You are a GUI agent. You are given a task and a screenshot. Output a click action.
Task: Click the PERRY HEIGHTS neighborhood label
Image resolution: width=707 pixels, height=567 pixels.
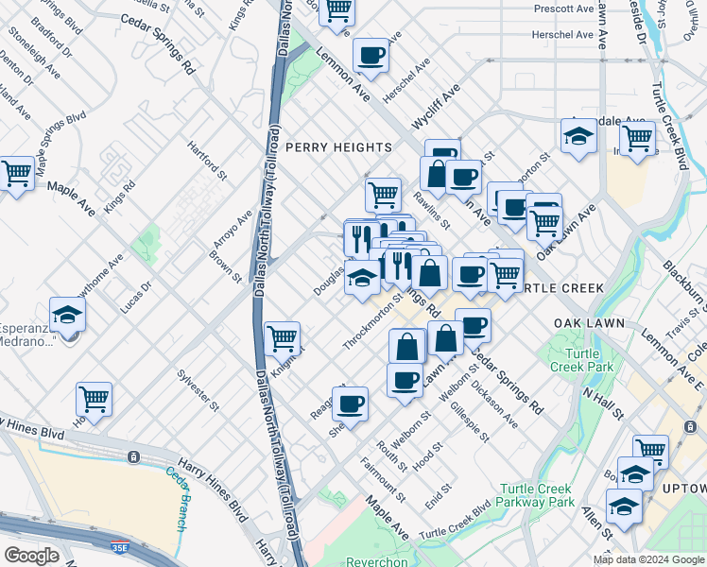click(338, 147)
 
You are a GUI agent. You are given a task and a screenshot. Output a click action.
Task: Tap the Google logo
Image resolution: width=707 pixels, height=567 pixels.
click(32, 556)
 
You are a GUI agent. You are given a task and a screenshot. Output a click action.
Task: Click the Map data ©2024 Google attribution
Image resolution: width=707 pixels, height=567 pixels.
click(648, 559)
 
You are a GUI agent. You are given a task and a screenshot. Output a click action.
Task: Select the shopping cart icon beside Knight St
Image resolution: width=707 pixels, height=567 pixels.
click(283, 337)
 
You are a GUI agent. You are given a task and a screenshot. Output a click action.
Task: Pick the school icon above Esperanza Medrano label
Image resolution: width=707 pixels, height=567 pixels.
click(67, 313)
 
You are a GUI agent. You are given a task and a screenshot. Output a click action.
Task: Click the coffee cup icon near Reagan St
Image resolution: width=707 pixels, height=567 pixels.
click(351, 404)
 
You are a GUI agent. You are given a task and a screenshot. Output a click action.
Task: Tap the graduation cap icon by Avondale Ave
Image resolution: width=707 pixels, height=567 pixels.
click(578, 137)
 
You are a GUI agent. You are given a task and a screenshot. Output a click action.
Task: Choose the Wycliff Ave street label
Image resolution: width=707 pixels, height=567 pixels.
click(435, 107)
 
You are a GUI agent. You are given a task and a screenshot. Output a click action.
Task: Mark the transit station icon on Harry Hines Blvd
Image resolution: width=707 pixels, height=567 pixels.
click(134, 456)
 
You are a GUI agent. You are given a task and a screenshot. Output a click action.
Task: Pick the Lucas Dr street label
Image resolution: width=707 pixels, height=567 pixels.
click(135, 297)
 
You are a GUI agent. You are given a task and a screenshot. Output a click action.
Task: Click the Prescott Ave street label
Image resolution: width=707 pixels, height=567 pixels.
click(562, 9)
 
